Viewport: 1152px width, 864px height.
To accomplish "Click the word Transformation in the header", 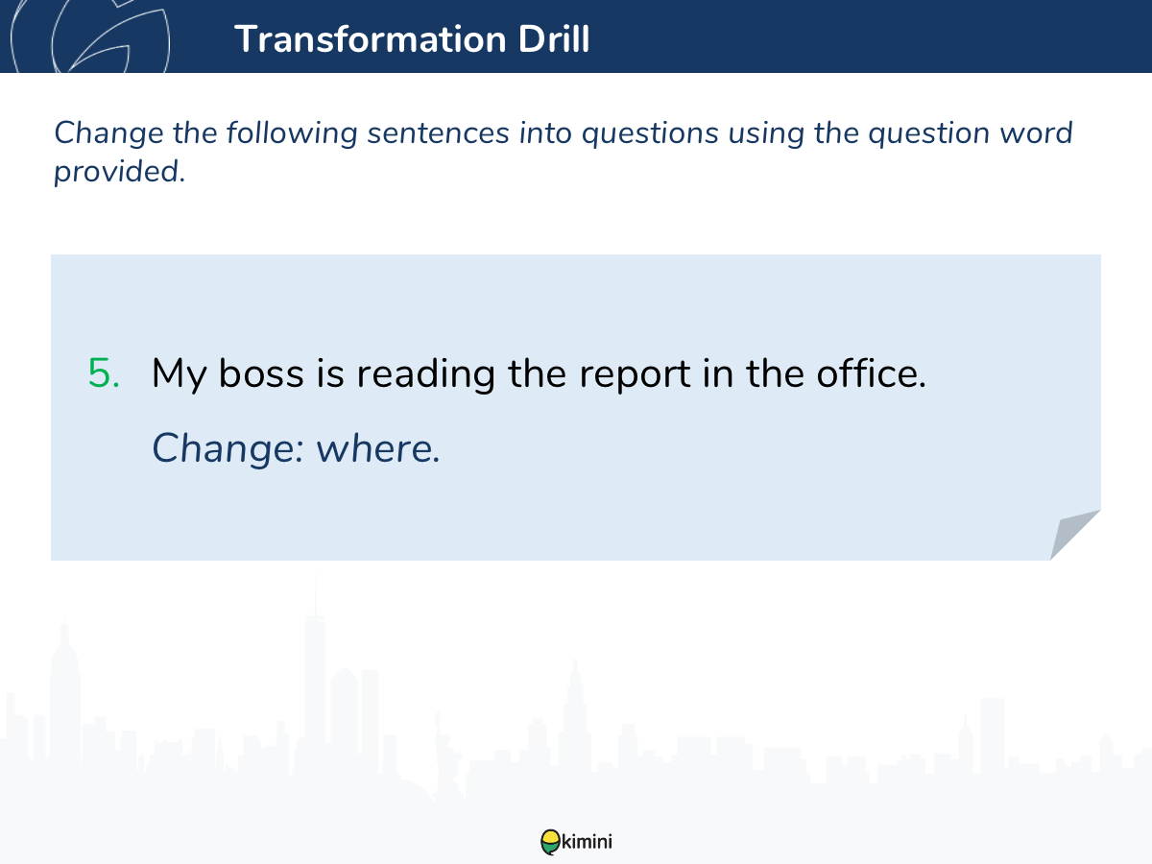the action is click(x=370, y=38).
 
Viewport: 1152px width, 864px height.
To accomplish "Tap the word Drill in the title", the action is click(x=554, y=38).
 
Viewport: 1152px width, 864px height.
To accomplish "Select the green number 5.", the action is click(x=104, y=373).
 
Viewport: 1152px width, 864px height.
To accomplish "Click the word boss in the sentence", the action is click(x=261, y=373).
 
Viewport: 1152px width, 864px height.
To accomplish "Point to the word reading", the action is click(x=425, y=374).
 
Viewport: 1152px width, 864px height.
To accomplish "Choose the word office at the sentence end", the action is click(x=871, y=373).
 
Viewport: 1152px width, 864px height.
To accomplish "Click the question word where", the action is click(x=378, y=448).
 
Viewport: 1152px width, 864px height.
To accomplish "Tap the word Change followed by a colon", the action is click(x=228, y=449).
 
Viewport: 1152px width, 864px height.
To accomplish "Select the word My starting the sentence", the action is click(x=179, y=374).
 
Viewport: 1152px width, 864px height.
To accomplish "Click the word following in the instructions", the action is click(x=292, y=133).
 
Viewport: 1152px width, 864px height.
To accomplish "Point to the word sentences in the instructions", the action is click(x=438, y=133).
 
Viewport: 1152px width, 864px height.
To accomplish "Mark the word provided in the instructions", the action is click(x=120, y=172).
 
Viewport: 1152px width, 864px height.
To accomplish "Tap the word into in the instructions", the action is click(x=545, y=133).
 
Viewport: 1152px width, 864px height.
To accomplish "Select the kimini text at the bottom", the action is click(x=587, y=842).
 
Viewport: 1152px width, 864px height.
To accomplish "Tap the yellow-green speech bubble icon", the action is click(x=550, y=842).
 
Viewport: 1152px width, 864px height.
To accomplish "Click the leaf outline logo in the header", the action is click(x=90, y=36).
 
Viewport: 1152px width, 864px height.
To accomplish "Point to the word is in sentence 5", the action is click(x=330, y=373).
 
